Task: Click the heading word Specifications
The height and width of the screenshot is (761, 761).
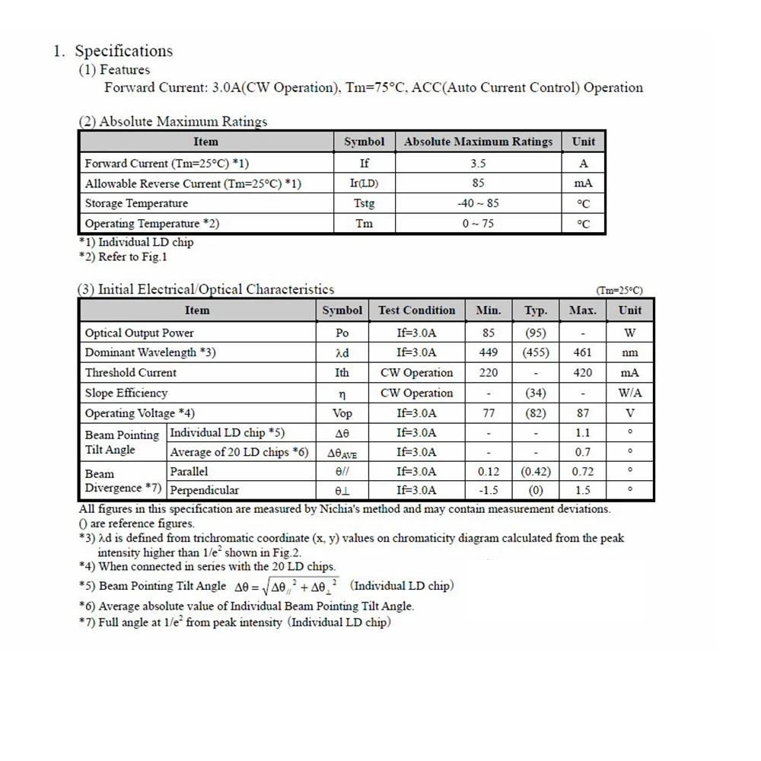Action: pyautogui.click(x=123, y=52)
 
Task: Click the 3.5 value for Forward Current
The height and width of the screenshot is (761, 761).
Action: pyautogui.click(x=478, y=163)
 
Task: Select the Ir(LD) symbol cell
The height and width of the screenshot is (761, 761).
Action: pyautogui.click(x=364, y=183)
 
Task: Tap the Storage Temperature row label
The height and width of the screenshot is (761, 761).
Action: pyautogui.click(x=136, y=203)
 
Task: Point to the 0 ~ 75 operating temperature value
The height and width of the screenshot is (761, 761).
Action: pyautogui.click(x=478, y=224)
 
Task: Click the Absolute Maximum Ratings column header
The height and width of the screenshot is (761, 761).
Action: pyautogui.click(x=478, y=142)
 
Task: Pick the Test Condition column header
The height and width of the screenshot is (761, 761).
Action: pyautogui.click(x=416, y=310)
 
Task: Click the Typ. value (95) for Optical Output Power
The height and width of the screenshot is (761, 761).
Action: pyautogui.click(x=536, y=333)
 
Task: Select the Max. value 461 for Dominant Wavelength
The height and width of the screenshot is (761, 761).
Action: pyautogui.click(x=582, y=352)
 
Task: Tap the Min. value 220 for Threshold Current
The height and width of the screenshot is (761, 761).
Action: pyautogui.click(x=489, y=373)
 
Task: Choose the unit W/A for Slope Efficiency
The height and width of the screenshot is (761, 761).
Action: pyautogui.click(x=629, y=393)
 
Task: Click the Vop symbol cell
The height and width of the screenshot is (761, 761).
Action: pyautogui.click(x=342, y=413)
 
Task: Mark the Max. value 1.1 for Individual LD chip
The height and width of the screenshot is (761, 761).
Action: pyautogui.click(x=582, y=433)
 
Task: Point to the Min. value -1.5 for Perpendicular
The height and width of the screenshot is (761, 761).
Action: pyautogui.click(x=489, y=491)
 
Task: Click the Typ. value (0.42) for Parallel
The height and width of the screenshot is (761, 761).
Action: pyautogui.click(x=536, y=472)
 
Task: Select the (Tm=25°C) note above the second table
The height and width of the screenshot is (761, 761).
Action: pyautogui.click(x=619, y=291)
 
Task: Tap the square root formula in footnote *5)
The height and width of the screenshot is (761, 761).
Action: pyautogui.click(x=288, y=587)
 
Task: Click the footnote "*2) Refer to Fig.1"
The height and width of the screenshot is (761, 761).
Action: pyautogui.click(x=123, y=256)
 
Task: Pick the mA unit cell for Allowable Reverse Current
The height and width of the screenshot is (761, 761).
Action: pyautogui.click(x=584, y=183)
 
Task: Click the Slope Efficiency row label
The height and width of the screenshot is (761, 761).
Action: pyautogui.click(x=126, y=393)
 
